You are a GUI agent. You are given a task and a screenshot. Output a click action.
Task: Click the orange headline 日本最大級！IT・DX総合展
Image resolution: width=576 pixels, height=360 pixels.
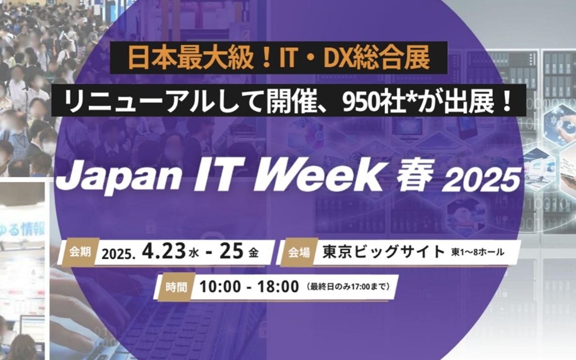[x=279, y=58]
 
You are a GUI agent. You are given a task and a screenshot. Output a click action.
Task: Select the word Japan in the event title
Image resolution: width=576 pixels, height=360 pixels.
[x=118, y=177]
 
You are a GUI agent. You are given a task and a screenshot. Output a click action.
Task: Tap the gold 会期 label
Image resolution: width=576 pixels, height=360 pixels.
[x=80, y=252]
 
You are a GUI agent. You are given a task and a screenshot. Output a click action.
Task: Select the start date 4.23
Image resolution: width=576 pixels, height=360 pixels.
[x=163, y=251]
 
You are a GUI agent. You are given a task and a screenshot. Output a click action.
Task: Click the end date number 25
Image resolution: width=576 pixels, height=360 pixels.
[x=231, y=251]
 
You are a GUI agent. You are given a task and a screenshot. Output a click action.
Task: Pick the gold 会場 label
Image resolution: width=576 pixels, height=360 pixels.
[x=299, y=252]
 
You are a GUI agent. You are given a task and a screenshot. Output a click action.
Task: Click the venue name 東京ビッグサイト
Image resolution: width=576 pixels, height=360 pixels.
[x=383, y=252]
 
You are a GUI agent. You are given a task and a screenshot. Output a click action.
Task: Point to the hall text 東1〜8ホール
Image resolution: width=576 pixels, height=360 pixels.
[x=477, y=252]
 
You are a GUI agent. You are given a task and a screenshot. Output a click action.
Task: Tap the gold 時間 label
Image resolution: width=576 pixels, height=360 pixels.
[x=176, y=287]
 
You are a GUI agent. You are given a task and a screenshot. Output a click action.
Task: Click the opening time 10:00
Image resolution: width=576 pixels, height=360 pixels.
[x=220, y=286]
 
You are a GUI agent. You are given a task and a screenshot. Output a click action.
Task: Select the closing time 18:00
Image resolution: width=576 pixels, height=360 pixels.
[x=278, y=286]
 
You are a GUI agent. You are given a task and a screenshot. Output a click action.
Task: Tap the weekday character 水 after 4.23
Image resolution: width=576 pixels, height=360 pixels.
[x=194, y=253]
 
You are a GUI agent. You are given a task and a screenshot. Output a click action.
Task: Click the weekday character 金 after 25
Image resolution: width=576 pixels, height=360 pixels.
[x=253, y=253]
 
